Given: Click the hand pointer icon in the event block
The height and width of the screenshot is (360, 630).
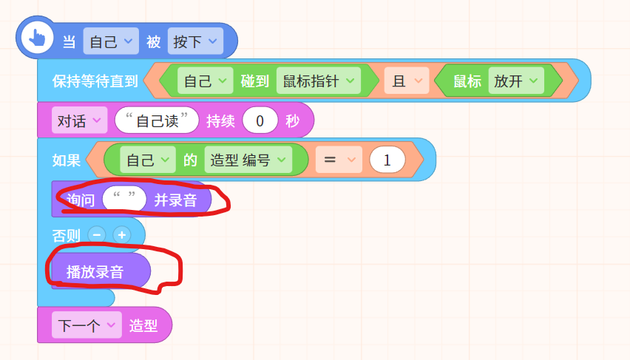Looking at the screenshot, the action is [x=37, y=38].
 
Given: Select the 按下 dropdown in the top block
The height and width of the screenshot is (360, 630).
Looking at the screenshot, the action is [x=195, y=41].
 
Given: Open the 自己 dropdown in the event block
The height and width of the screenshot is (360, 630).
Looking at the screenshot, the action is [x=111, y=41].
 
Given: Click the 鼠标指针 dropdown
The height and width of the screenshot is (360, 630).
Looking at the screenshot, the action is [x=319, y=81].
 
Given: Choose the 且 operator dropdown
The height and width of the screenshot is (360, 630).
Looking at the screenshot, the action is [x=407, y=81].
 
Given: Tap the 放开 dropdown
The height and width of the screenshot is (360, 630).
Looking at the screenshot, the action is [x=516, y=81].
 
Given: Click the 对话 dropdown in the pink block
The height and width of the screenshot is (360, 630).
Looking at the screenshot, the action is [x=80, y=120].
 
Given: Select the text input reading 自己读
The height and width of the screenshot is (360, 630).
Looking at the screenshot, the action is [x=157, y=120].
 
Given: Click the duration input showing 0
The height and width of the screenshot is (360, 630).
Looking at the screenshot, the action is [x=260, y=120].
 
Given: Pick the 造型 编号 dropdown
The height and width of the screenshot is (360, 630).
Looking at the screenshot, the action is [x=248, y=160].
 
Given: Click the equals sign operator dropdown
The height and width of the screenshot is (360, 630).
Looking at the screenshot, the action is [x=339, y=160].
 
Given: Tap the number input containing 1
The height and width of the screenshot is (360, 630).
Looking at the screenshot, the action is [x=387, y=160].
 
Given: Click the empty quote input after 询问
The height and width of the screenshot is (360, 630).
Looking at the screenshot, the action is [x=124, y=199].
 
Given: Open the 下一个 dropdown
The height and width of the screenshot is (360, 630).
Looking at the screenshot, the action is [x=87, y=325].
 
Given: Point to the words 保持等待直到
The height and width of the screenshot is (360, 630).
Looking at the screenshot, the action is [x=95, y=81].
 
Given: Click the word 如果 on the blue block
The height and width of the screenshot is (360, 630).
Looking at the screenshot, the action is [x=67, y=160].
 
